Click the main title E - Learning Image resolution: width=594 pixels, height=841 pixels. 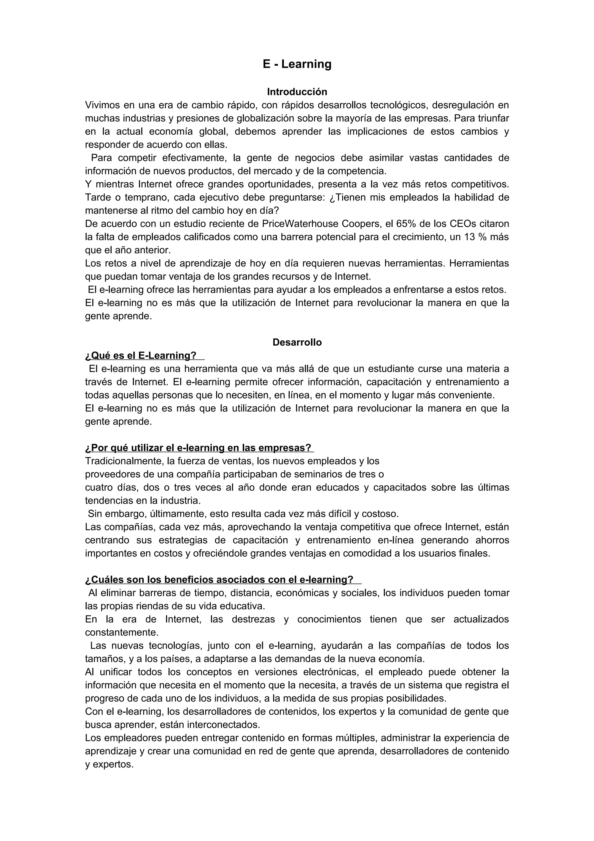tap(297, 64)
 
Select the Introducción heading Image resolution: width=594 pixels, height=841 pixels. tap(297, 92)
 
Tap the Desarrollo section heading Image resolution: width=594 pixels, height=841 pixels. tap(297, 342)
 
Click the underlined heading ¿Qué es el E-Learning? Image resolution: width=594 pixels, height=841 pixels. tap(141, 356)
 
